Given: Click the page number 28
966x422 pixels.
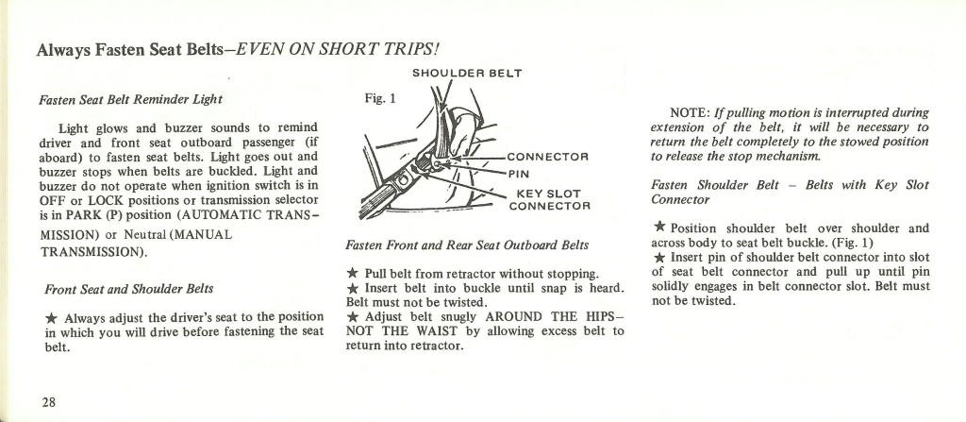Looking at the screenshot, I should coord(48,401).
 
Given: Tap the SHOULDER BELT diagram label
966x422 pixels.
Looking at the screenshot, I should coord(467,72).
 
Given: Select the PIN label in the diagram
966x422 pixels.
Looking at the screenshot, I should coord(521,174).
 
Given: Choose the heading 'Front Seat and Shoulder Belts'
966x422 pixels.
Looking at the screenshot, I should coord(128,288).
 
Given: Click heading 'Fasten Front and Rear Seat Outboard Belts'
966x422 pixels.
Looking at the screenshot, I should coord(468,245).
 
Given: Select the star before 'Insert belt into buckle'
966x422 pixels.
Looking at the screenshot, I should coord(352,288).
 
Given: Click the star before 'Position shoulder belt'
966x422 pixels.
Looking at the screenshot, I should coord(658,227).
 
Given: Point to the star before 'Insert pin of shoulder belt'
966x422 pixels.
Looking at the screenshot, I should coord(658,257).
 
